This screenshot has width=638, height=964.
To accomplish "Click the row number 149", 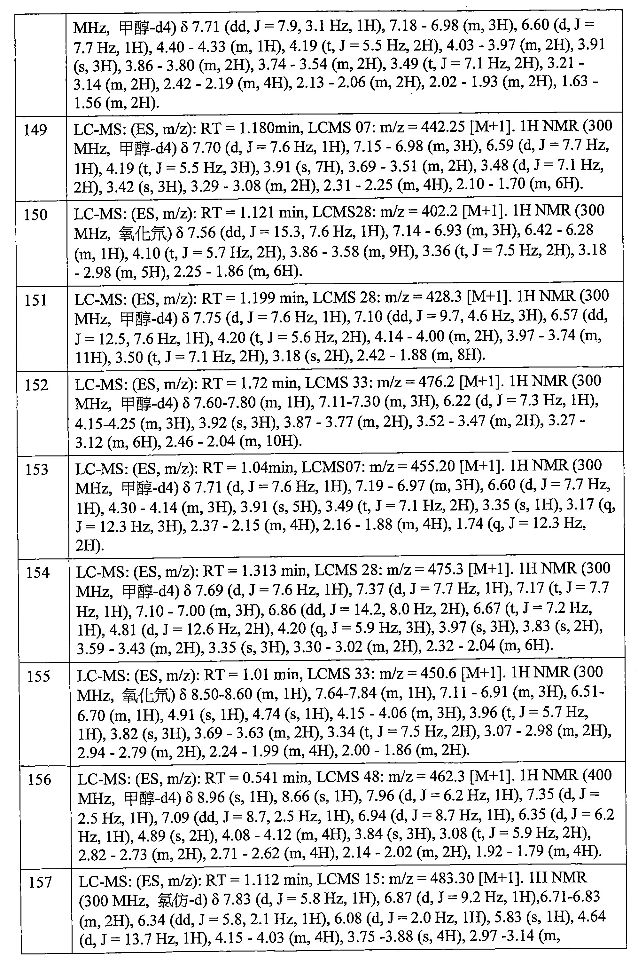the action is coord(35,130).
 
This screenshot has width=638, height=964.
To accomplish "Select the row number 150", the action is coord(36,215).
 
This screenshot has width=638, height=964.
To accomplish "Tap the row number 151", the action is coord(36,300).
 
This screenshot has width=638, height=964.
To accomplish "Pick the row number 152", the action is coord(37,385).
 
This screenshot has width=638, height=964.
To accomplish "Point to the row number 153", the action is coord(37,470).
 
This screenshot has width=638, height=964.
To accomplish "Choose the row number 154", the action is coord(38,573).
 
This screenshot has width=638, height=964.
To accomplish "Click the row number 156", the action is coord(39,779).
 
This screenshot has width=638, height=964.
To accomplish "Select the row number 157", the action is coord(40,882).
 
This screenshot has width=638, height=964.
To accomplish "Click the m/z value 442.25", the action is coord(443,127).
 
